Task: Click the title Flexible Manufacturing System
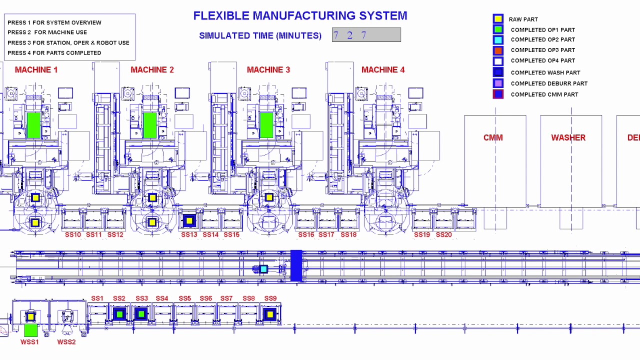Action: pyautogui.click(x=300, y=16)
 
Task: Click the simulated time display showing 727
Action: pyautogui.click(x=366, y=35)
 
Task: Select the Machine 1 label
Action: pyautogui.click(x=36, y=70)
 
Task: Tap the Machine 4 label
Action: pyautogui.click(x=383, y=70)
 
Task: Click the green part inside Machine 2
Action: pyautogui.click(x=149, y=125)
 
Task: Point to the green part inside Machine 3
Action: pyautogui.click(x=266, y=125)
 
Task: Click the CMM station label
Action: pyautogui.click(x=493, y=137)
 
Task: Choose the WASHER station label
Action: pyautogui.click(x=568, y=137)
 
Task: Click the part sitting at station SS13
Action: pyautogui.click(x=189, y=220)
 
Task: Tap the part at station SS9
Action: pyautogui.click(x=270, y=314)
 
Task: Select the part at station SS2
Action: pyautogui.click(x=119, y=314)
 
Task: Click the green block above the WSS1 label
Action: pyautogui.click(x=30, y=330)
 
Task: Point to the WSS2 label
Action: pyautogui.click(x=66, y=342)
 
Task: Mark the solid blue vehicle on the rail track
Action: pyautogui.click(x=296, y=265)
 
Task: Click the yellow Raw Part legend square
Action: pyautogui.click(x=498, y=19)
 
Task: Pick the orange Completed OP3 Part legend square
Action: pyautogui.click(x=498, y=50)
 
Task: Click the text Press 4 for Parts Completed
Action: pyautogui.click(x=54, y=53)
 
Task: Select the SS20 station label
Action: pyautogui.click(x=443, y=234)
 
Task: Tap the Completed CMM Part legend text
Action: pyautogui.click(x=544, y=94)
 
